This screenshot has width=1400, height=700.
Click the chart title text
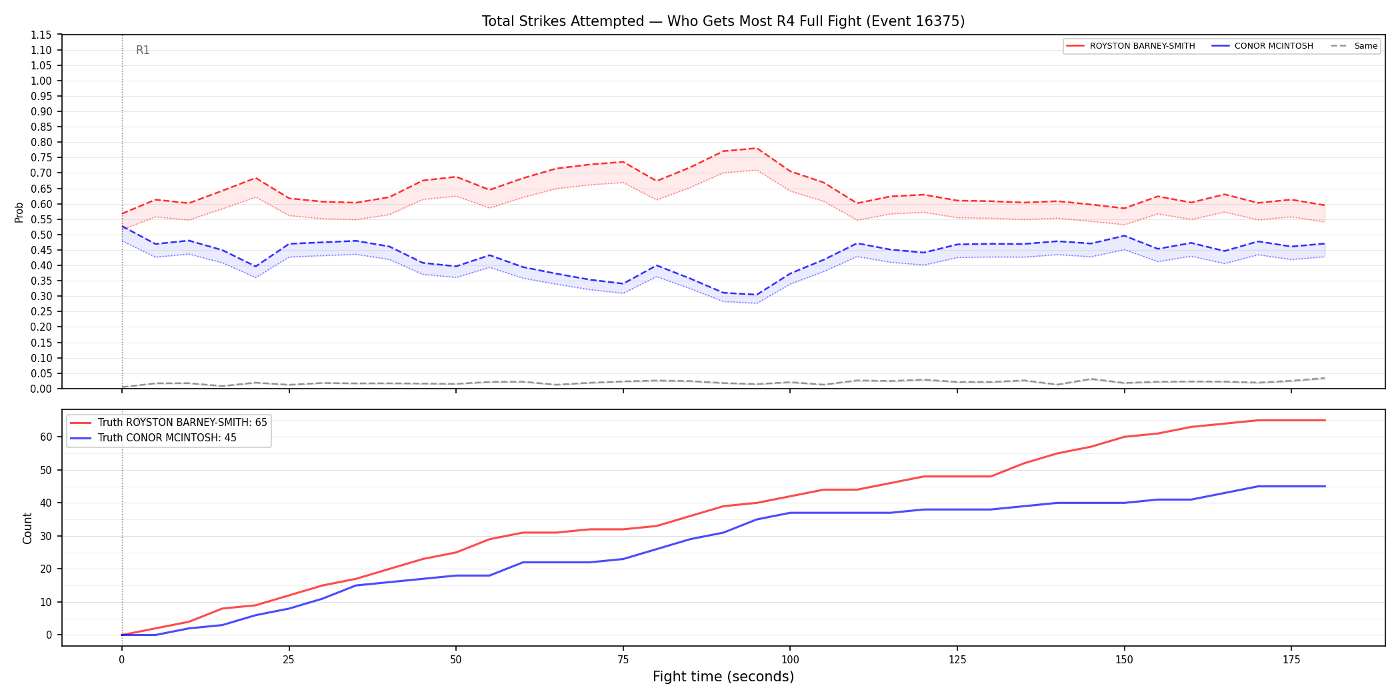coord(723,21)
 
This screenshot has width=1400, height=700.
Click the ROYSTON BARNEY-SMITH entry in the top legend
coord(1131,46)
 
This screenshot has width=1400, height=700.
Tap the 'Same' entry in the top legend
coord(1354,46)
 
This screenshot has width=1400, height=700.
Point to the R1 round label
coord(143,50)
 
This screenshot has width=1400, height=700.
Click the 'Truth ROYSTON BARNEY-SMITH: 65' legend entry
coord(169,423)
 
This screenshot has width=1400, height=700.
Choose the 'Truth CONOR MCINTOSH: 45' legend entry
coord(153,438)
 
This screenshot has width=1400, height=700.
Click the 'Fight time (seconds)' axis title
coord(723,677)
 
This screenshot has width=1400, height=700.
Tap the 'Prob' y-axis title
coord(19,212)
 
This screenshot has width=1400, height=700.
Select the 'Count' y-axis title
coord(27,528)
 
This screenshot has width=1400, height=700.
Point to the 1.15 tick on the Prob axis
coord(41,35)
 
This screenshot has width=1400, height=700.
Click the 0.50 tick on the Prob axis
coord(41,235)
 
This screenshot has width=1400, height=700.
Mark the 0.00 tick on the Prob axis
coord(41,389)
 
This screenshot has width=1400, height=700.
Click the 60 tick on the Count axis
coord(46,437)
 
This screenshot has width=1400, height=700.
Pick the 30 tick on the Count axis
coord(46,536)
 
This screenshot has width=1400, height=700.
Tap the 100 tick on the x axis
coord(790,660)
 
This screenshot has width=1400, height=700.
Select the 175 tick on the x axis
coord(1291,660)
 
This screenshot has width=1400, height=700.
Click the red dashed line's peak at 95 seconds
coord(756,148)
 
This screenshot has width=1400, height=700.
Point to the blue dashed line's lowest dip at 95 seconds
coord(756,295)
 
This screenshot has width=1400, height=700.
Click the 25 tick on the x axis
coord(289,660)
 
